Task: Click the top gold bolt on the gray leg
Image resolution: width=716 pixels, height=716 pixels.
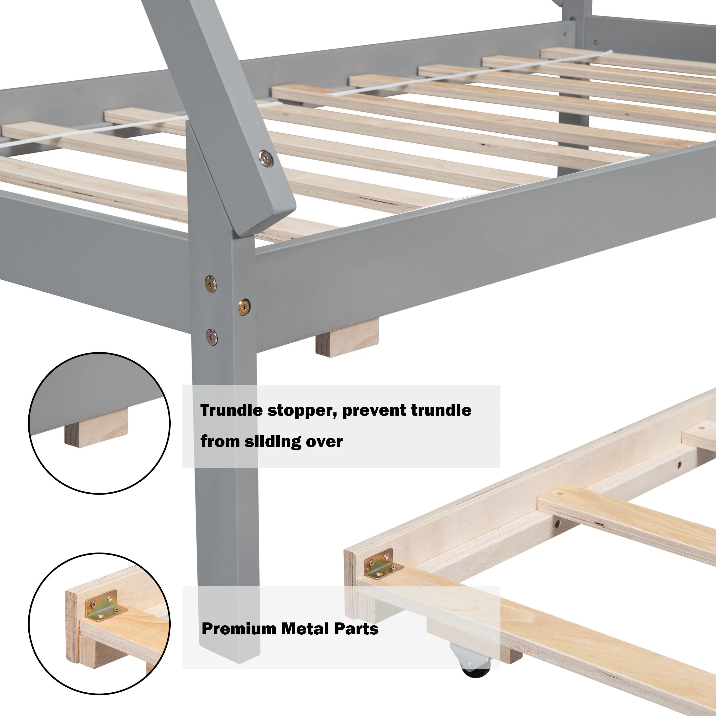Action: [211, 284]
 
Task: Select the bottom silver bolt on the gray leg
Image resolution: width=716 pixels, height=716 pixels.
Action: [212, 337]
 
